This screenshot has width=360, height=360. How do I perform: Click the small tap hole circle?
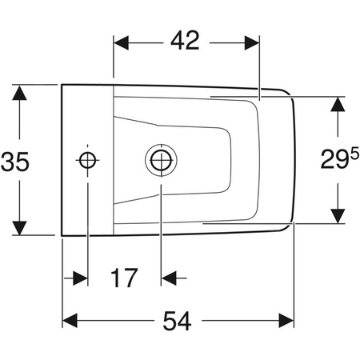(x=86, y=159)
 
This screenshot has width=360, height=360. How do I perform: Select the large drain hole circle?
(x=160, y=158)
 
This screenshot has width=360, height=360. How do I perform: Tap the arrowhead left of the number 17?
(x=79, y=278)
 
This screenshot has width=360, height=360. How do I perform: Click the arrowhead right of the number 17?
(x=168, y=278)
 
